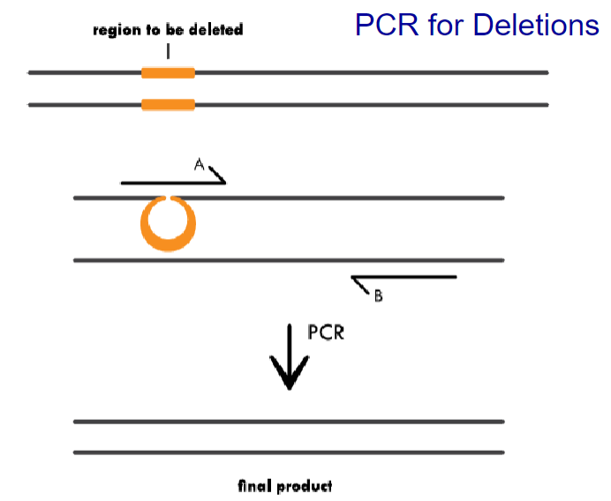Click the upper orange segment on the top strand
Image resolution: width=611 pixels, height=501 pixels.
168,72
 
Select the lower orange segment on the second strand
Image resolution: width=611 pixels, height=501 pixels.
168,105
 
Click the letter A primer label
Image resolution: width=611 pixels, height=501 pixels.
200,163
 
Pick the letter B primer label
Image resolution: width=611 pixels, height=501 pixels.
378,296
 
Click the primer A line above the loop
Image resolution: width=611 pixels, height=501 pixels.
168,183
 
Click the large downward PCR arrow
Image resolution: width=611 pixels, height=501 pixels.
289,357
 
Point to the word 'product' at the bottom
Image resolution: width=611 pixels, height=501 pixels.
305,486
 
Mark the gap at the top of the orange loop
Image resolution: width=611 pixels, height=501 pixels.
168,199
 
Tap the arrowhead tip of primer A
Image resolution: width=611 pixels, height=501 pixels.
226,182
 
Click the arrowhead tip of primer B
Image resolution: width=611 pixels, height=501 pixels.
351,278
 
